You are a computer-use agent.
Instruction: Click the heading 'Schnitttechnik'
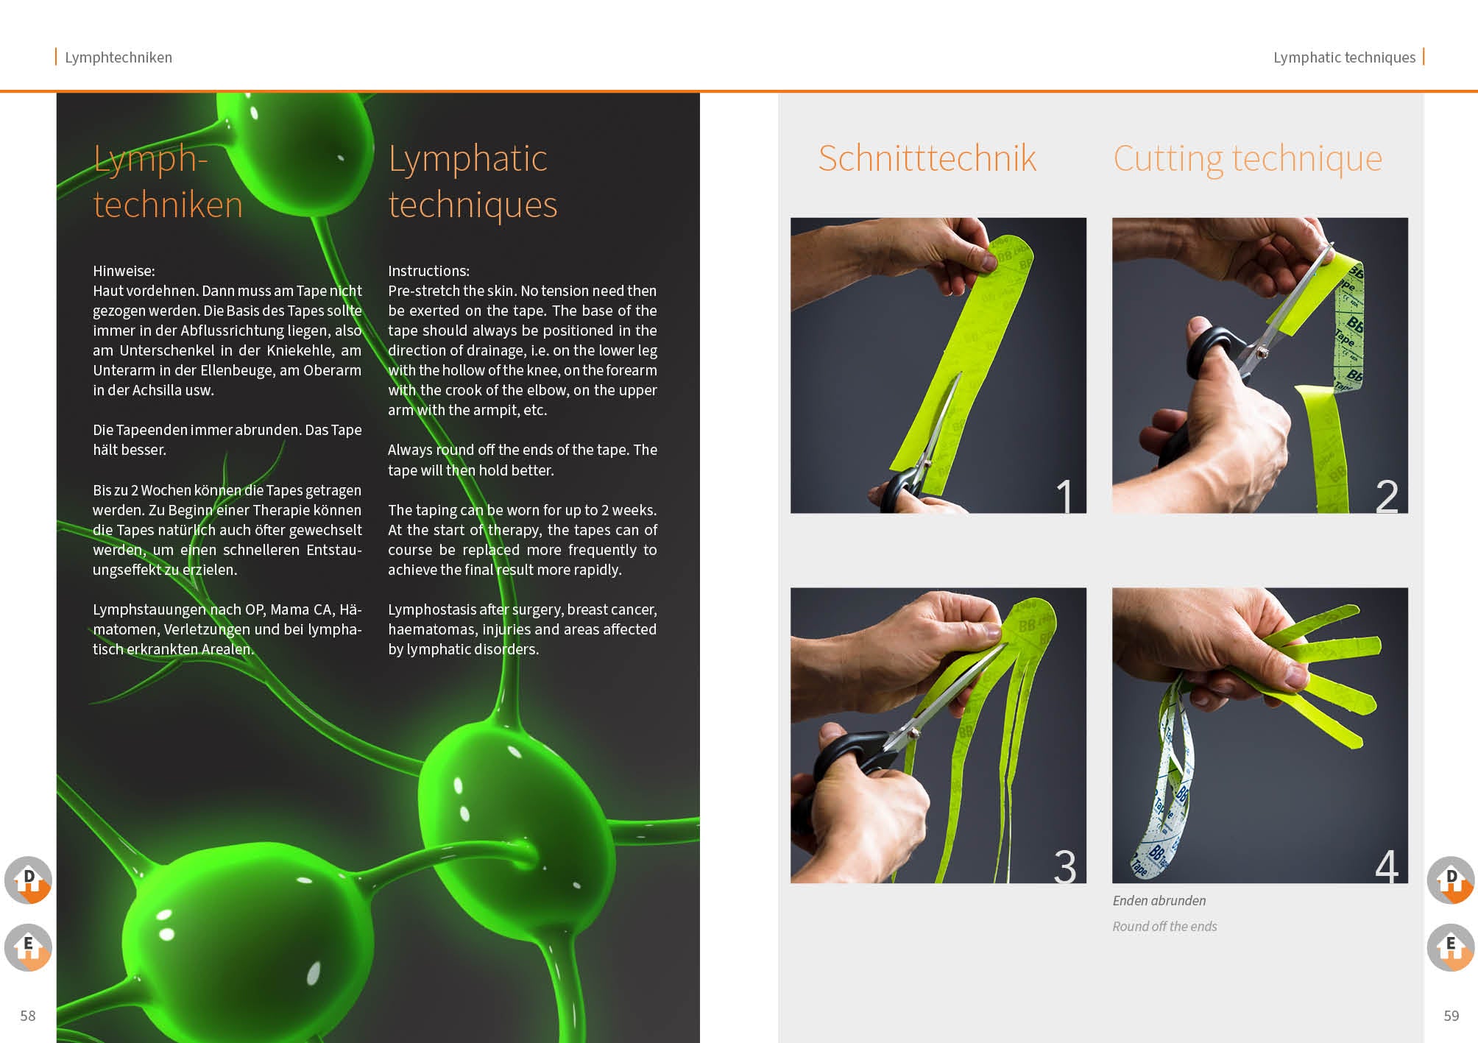coord(927,158)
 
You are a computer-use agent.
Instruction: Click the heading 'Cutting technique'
coord(1248,158)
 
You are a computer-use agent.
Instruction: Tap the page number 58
coord(28,1016)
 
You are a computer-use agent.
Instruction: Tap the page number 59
coord(1451,1016)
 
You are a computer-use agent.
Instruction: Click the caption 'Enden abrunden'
coord(1159,900)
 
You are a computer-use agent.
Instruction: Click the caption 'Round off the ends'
coord(1164,926)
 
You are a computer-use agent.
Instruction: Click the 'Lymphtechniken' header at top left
coord(118,57)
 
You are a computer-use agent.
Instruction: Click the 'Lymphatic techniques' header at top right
coord(1344,57)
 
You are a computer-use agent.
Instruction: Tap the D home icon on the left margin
coord(28,880)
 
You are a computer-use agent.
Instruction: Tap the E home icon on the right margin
coord(1451,947)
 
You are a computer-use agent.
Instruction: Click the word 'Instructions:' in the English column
coord(428,271)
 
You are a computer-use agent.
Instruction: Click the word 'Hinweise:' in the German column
coord(124,271)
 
